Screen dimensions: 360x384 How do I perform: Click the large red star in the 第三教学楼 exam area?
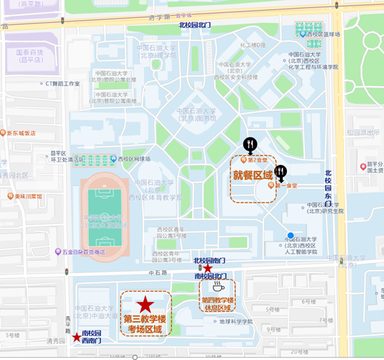(145, 304)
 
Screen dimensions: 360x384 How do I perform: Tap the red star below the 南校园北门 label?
(208, 268)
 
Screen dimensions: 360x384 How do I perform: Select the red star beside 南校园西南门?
(76, 337)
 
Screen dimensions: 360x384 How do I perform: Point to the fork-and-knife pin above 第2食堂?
(250, 145)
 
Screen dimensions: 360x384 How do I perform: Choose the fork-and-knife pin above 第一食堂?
(281, 172)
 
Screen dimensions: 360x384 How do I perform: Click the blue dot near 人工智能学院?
(290, 235)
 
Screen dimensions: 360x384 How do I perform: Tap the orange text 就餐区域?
(253, 175)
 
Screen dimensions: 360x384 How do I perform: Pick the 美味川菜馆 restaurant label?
(28, 196)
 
